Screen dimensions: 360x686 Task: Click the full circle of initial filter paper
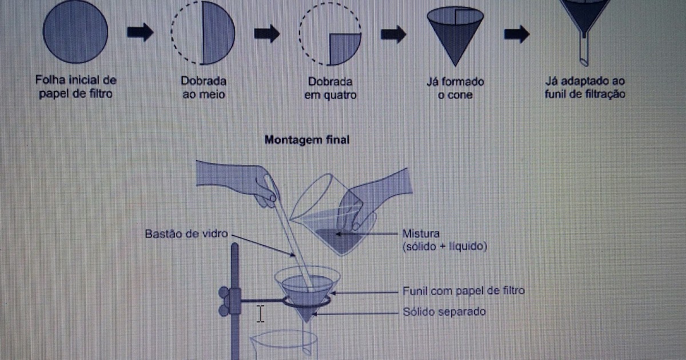(x=75, y=30)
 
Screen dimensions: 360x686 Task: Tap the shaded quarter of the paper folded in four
(x=345, y=49)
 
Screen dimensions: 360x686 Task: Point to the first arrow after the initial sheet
(x=140, y=32)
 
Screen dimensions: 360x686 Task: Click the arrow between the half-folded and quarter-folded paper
(x=266, y=33)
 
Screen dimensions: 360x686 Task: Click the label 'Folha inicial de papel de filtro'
(x=75, y=87)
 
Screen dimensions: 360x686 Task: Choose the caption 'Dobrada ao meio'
(x=204, y=87)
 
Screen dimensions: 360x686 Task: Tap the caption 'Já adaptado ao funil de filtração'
(x=585, y=87)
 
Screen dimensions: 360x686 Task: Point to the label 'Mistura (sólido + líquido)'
(x=443, y=240)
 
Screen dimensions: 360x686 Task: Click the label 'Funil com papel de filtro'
(x=463, y=291)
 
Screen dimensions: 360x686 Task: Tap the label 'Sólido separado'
(x=445, y=312)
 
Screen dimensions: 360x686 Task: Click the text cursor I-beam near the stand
(x=261, y=313)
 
